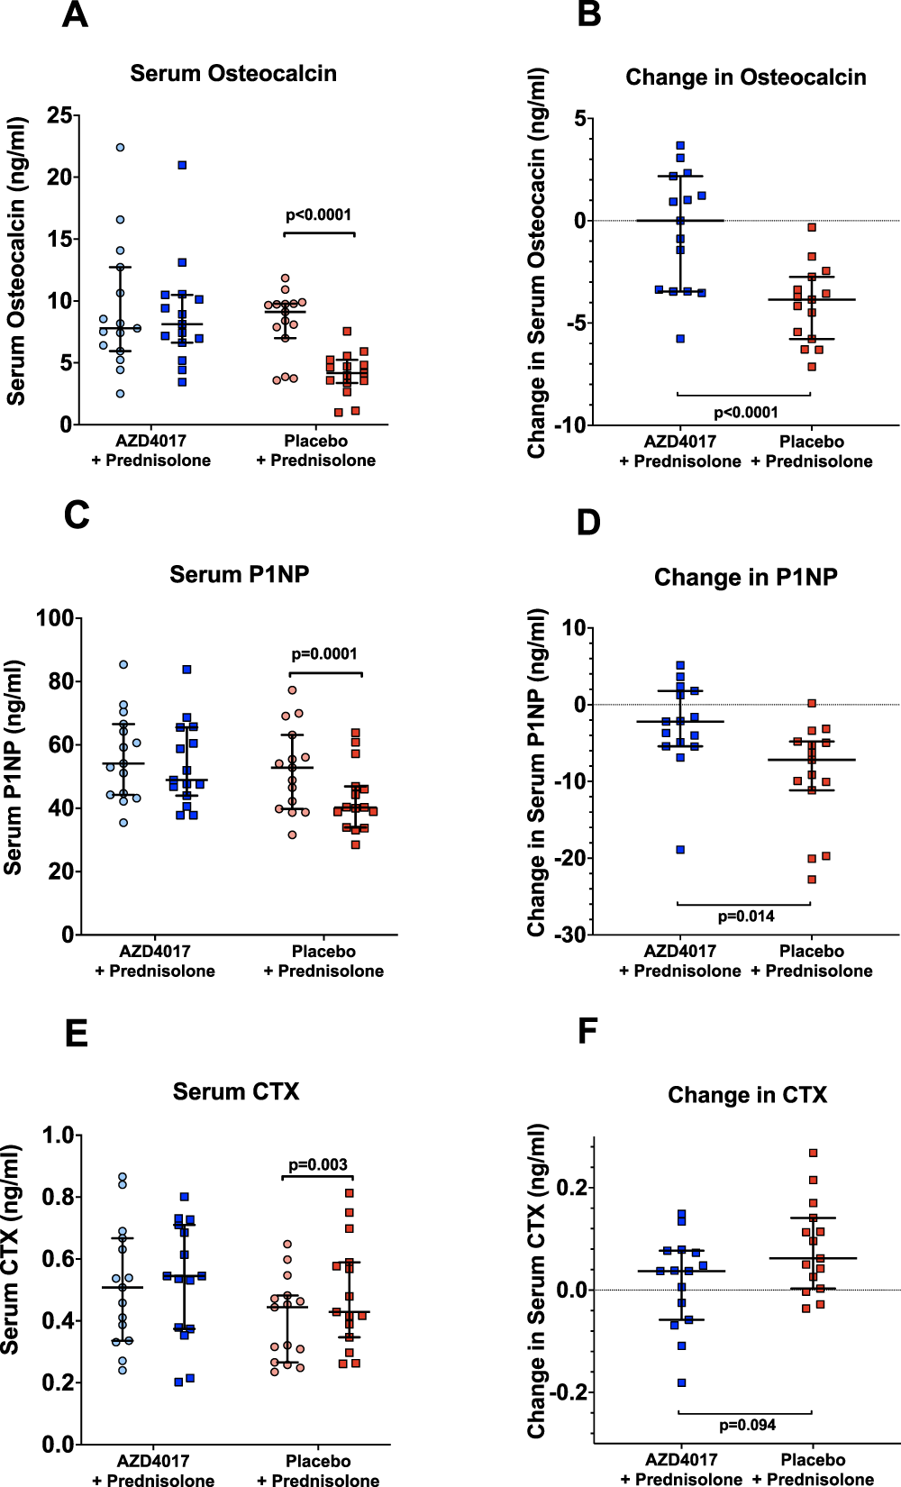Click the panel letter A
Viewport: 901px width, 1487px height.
point(75,15)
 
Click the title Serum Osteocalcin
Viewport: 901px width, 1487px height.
point(233,74)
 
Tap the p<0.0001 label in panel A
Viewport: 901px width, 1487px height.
point(318,214)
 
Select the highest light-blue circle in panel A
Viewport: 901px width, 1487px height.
point(120,147)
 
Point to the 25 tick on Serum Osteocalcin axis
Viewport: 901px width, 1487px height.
point(59,115)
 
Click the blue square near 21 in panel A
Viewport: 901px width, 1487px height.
point(182,165)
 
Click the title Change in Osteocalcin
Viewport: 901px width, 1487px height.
point(745,78)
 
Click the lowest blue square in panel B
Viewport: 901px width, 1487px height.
point(680,339)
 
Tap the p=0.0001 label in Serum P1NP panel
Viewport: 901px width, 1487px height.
point(324,654)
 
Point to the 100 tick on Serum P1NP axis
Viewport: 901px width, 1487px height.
point(54,618)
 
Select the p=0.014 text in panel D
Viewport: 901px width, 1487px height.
point(745,917)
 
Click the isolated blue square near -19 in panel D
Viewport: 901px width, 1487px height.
point(680,850)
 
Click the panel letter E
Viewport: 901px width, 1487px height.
point(77,1033)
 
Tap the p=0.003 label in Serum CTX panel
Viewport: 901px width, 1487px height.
point(317,1164)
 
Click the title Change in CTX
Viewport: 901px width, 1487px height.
point(747,1095)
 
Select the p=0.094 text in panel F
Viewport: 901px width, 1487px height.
point(747,1425)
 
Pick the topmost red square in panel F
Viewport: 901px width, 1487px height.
point(813,1153)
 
